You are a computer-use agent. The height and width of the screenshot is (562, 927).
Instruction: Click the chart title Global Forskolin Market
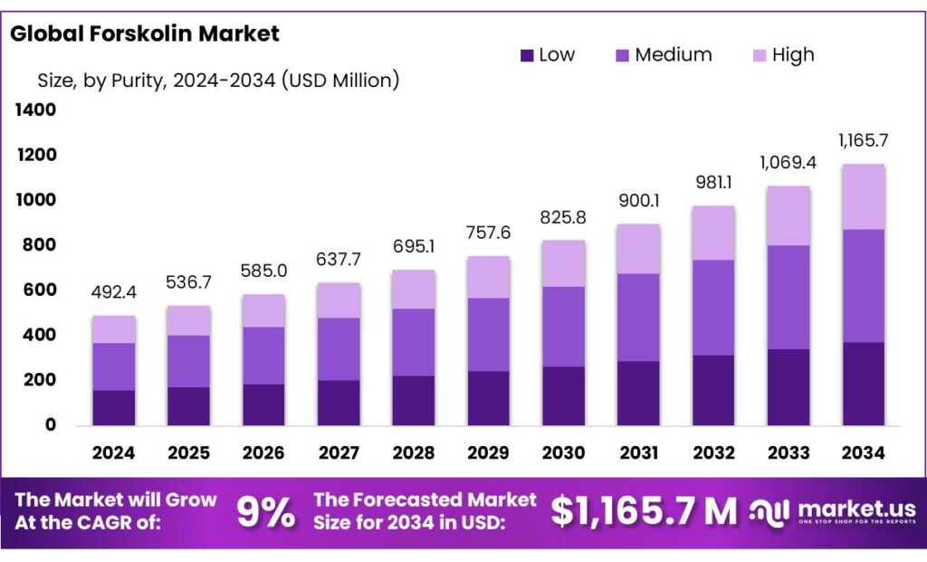pyautogui.click(x=145, y=34)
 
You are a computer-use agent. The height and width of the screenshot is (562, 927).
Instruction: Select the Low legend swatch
pyautogui.click(x=527, y=55)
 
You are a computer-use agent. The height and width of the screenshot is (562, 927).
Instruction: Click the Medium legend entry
pyautogui.click(x=663, y=55)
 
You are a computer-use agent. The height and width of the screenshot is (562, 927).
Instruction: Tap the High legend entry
pyautogui.click(x=782, y=55)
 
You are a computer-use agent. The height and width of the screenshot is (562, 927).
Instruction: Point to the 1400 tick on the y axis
pyautogui.click(x=35, y=110)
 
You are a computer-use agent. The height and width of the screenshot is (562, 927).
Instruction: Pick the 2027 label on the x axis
pyautogui.click(x=338, y=452)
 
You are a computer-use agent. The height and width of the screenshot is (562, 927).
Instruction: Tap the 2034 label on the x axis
pyautogui.click(x=863, y=452)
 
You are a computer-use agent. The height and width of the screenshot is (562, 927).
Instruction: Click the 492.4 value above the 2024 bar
pyautogui.click(x=113, y=293)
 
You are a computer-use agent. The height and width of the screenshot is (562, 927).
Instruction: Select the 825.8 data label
pyautogui.click(x=563, y=217)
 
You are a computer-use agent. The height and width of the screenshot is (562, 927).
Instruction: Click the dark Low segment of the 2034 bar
pyautogui.click(x=863, y=384)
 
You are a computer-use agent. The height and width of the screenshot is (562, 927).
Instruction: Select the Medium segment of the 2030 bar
pyautogui.click(x=563, y=327)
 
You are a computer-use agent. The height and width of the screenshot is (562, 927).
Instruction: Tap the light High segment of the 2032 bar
pyautogui.click(x=712, y=233)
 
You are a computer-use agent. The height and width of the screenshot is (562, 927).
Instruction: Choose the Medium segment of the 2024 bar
pyautogui.click(x=113, y=367)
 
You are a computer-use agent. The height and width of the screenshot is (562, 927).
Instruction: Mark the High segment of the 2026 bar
pyautogui.click(x=263, y=310)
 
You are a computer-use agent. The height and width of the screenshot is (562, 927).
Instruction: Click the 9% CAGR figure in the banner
pyautogui.click(x=266, y=512)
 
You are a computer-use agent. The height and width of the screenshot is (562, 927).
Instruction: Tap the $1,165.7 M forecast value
pyautogui.click(x=644, y=512)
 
